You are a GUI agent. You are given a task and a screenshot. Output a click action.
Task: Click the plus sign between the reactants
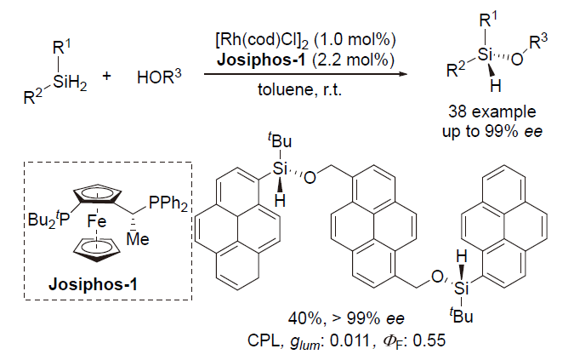coord(107,77)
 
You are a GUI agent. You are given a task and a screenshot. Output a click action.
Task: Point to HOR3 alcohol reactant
coord(156,77)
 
